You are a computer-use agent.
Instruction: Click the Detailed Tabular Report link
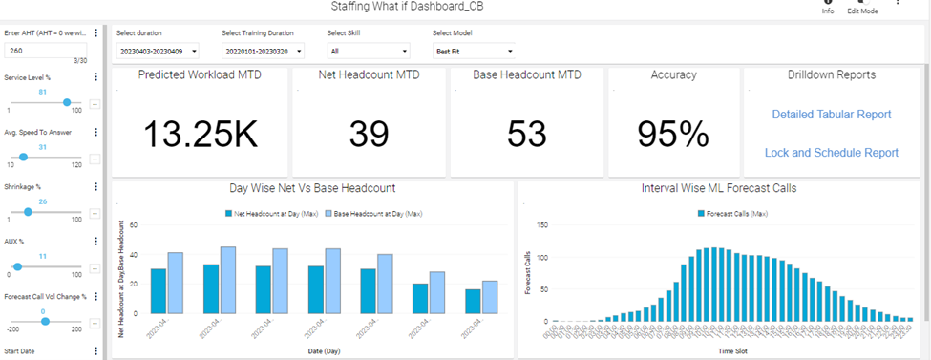(x=831, y=115)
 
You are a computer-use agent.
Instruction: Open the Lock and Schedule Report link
(x=831, y=152)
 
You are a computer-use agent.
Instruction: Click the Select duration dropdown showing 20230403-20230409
(x=157, y=51)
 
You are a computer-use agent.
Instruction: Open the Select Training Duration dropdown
(x=263, y=51)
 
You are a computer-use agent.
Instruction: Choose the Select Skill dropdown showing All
(x=368, y=51)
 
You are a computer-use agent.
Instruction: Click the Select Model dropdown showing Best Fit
(x=474, y=51)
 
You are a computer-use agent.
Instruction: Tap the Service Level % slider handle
(x=67, y=102)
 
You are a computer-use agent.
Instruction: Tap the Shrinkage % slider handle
(x=28, y=211)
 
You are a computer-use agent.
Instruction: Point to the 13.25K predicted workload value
(x=201, y=134)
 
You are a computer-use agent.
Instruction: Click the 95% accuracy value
(x=673, y=134)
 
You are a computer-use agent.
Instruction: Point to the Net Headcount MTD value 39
(x=369, y=134)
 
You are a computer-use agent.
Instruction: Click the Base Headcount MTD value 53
(x=526, y=134)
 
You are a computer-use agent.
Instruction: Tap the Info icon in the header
(x=828, y=5)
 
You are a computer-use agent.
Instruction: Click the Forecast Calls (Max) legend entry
(x=734, y=214)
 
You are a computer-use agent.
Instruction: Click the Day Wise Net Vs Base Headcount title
(x=312, y=188)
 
